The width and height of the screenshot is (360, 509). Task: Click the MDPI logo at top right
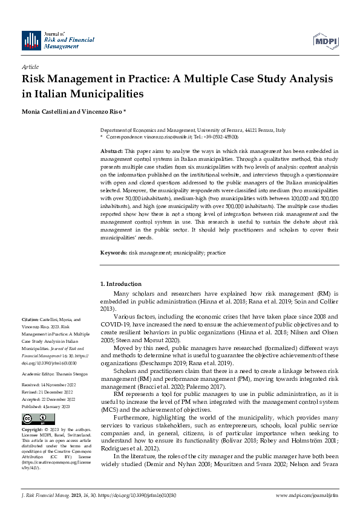pos(325,41)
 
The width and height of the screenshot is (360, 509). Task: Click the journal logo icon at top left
pos(31,41)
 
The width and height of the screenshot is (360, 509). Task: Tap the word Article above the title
pos(30,66)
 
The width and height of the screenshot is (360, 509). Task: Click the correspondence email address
pos(162,137)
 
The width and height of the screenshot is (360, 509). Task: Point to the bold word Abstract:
pos(111,150)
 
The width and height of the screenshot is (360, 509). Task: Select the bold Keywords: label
pos(113,252)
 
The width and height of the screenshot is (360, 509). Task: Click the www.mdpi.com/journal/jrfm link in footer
pos(307,496)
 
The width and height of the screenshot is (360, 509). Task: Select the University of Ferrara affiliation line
pos(193,131)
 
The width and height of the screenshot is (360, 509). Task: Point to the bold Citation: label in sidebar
pos(31,319)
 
